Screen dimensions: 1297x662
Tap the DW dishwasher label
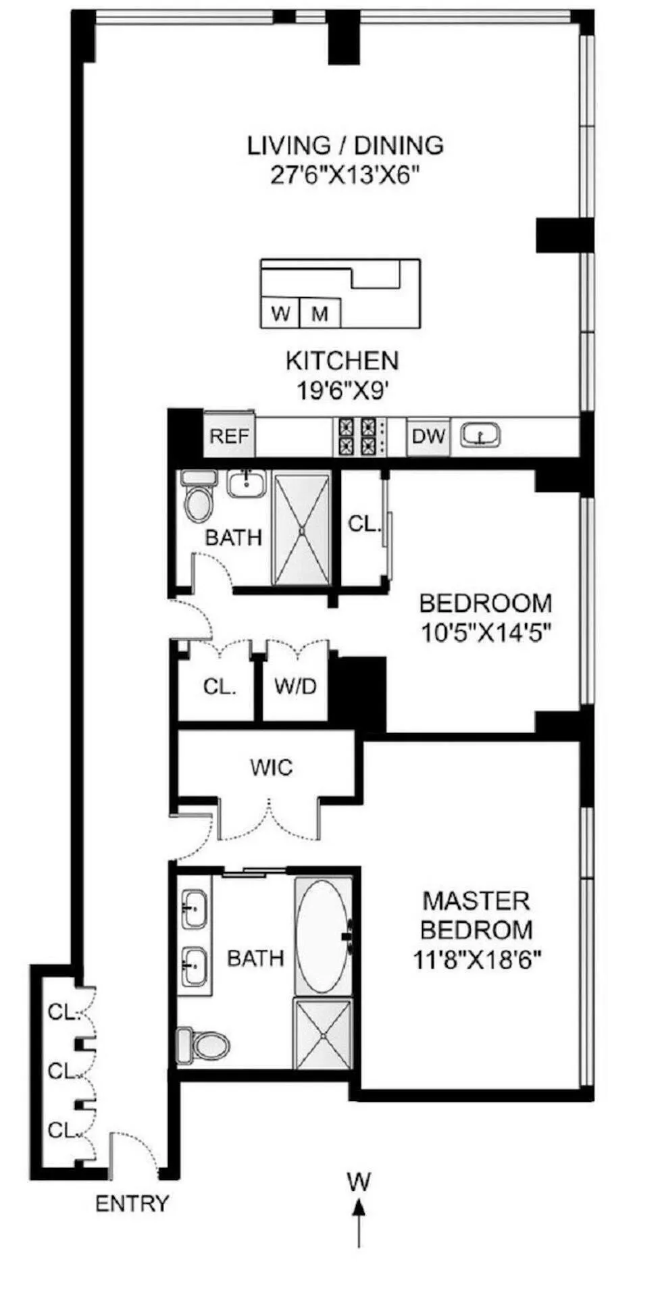click(428, 436)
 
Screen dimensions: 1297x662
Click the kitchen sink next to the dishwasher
click(480, 435)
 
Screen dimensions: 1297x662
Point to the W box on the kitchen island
click(280, 313)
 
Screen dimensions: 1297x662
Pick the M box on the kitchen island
click(320, 313)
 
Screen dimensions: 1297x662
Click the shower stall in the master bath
click(323, 1034)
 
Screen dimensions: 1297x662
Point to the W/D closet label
click(295, 686)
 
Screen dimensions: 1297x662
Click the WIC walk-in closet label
click(271, 767)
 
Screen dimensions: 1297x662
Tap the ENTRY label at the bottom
click(132, 1203)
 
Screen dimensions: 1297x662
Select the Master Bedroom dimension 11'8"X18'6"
click(478, 959)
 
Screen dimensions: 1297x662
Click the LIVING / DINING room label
click(345, 145)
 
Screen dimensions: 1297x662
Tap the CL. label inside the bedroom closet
click(365, 524)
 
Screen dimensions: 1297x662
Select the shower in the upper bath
click(301, 528)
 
